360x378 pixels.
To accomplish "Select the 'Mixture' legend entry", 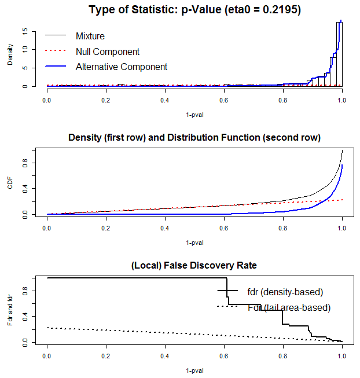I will pyautogui.click(x=90, y=36).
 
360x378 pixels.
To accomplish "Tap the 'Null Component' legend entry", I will pyautogui.click(x=108, y=52).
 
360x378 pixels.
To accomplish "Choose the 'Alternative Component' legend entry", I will pyautogui.click(x=122, y=67).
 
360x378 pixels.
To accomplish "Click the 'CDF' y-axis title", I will pyautogui.click(x=10, y=182).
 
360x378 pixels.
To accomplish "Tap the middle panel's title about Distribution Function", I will pyautogui.click(x=194, y=138).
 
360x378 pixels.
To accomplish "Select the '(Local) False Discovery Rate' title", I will pyautogui.click(x=194, y=265).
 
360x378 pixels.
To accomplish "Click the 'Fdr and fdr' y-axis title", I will pyautogui.click(x=10, y=309).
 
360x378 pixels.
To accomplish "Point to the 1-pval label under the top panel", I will pyautogui.click(x=194, y=114).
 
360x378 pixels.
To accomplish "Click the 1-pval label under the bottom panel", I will pyautogui.click(x=194, y=370).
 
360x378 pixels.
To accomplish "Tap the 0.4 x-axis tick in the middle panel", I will pyautogui.click(x=165, y=227).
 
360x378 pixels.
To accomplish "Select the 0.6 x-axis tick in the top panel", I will pyautogui.click(x=224, y=100).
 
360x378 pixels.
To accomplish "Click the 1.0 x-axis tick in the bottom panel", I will pyautogui.click(x=342, y=354).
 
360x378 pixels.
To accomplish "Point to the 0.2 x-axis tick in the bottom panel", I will pyautogui.click(x=106, y=354).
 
